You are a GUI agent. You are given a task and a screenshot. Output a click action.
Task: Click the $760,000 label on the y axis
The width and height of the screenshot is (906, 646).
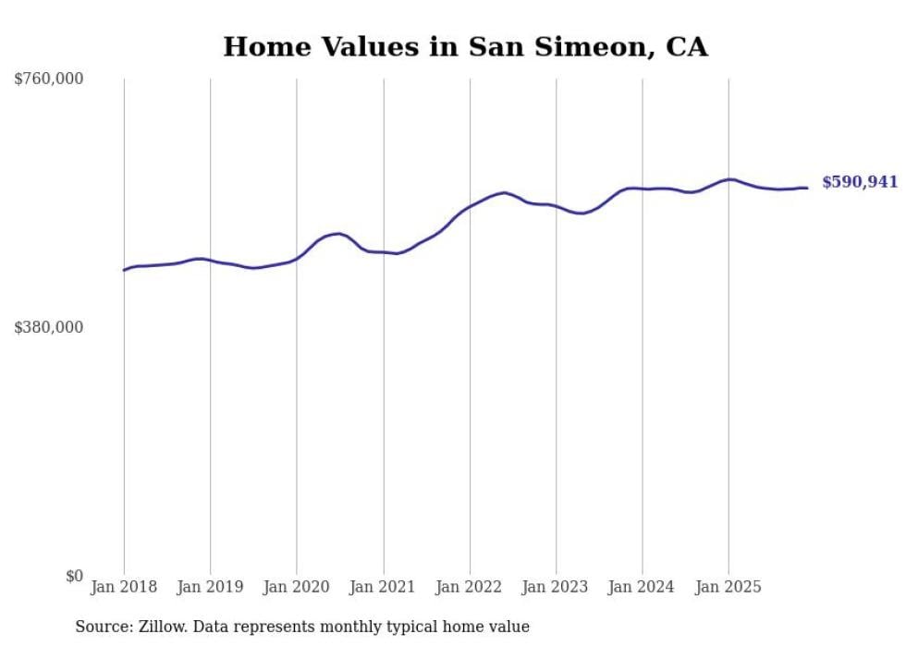pos(49,79)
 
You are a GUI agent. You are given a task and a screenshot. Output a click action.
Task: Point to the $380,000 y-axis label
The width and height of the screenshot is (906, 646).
pos(49,327)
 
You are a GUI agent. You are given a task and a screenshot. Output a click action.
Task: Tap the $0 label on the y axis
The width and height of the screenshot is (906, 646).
pos(74,576)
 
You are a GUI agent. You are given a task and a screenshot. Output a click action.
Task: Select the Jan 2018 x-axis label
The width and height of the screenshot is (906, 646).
pos(124,587)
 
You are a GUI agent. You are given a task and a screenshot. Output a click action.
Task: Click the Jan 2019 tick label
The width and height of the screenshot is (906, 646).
pos(210,587)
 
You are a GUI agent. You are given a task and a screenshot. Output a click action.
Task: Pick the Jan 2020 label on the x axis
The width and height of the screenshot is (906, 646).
pos(297,587)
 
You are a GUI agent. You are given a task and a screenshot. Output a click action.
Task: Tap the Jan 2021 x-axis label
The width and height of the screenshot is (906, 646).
pos(383,587)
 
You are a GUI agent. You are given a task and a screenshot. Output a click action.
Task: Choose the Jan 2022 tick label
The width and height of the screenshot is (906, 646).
pos(470,587)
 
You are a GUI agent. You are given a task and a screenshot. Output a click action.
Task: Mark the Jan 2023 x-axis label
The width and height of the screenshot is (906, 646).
pos(556,587)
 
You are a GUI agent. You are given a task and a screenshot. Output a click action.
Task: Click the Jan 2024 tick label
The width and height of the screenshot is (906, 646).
pos(643,587)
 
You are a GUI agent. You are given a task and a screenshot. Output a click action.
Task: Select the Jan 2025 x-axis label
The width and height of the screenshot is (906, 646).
pos(728,587)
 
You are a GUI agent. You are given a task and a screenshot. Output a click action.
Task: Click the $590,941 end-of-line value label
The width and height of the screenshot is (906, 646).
pos(860,182)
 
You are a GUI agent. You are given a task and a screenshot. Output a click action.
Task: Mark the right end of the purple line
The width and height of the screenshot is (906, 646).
pos(808,188)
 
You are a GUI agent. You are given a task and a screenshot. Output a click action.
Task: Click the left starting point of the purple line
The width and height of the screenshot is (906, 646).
pos(124,270)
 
